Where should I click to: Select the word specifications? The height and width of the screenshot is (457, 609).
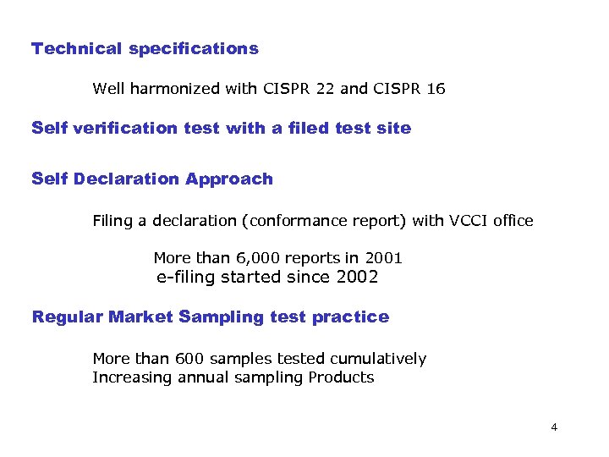[194, 48]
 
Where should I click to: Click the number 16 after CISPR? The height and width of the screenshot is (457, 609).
[436, 88]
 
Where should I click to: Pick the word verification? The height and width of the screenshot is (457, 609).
[127, 129]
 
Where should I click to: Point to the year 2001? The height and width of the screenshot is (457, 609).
[383, 258]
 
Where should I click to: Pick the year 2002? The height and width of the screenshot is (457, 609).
[357, 278]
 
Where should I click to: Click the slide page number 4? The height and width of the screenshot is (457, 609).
[554, 427]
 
